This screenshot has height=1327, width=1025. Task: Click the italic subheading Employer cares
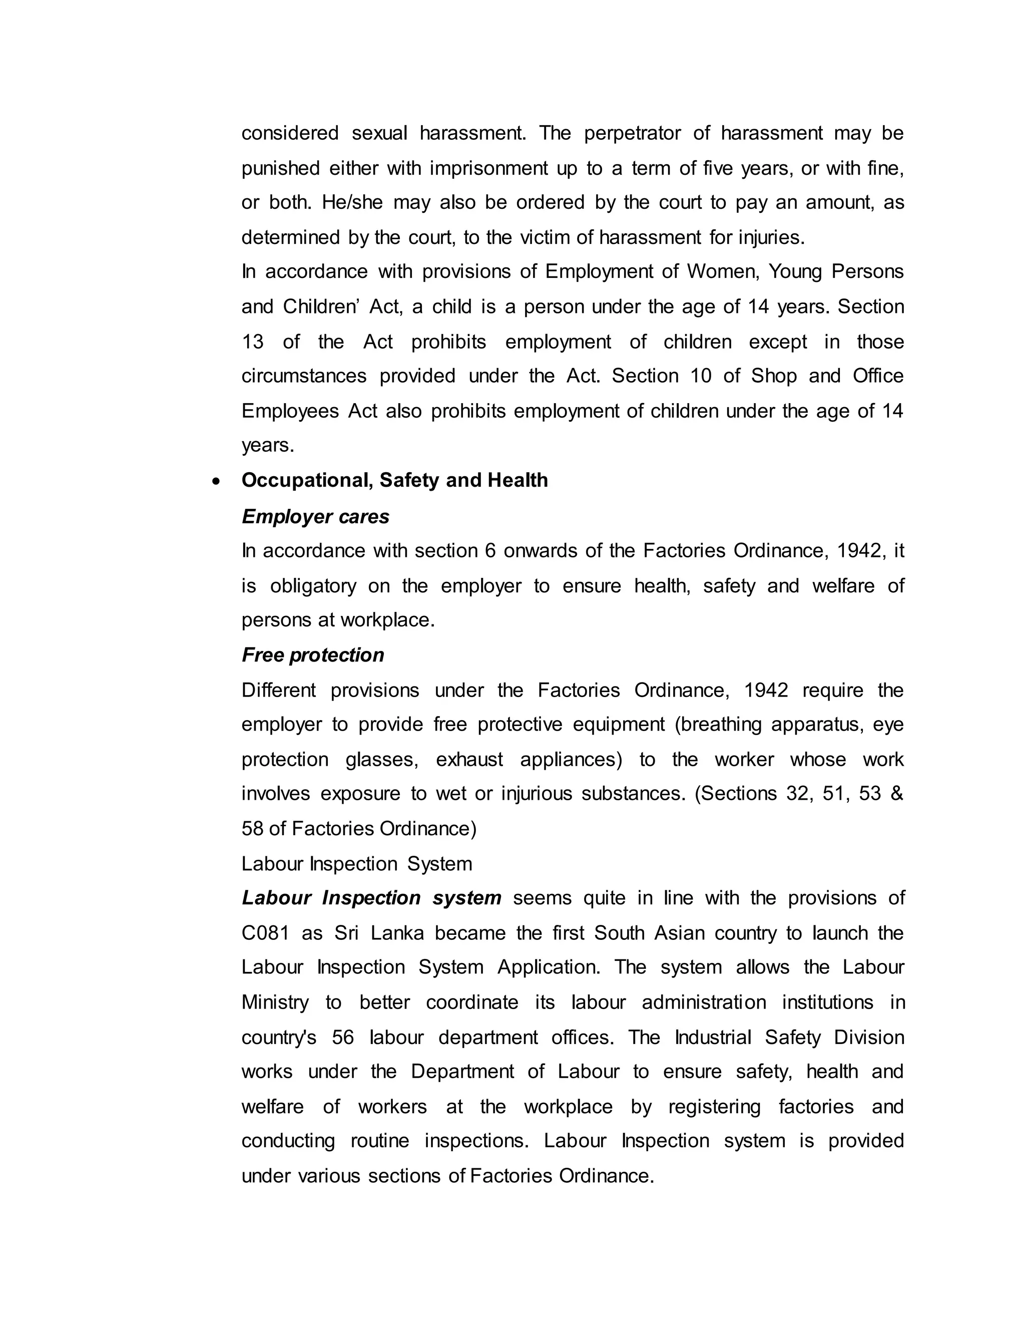tap(315, 516)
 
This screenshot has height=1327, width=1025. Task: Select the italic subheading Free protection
tap(313, 655)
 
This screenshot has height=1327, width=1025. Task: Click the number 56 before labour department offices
tap(342, 1037)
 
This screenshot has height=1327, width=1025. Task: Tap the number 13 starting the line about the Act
tap(253, 342)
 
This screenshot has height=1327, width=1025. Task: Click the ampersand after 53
tap(897, 794)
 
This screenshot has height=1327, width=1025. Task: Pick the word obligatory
tap(313, 586)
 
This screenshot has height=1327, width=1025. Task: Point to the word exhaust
tap(469, 760)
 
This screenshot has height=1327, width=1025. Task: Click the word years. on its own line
tap(268, 446)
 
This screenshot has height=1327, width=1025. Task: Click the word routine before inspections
tap(380, 1141)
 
